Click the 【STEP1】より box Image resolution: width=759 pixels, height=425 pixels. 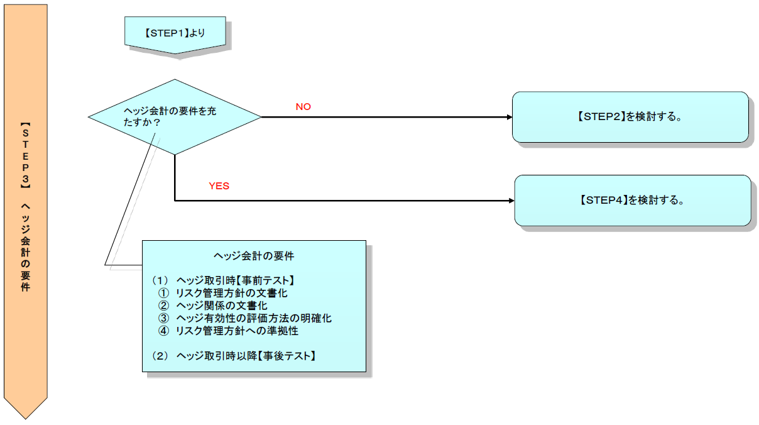tap(175, 34)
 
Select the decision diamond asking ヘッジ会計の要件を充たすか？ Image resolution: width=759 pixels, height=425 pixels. tap(174, 116)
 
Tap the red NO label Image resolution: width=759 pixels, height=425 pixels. tap(303, 107)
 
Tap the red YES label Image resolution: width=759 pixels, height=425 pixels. tap(219, 186)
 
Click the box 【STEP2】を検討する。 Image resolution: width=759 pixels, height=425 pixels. tap(630, 117)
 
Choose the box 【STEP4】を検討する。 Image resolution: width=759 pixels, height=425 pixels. tap(632, 201)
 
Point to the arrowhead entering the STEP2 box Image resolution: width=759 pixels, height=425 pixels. tap(509, 117)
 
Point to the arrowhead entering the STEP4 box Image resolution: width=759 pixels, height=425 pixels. tap(511, 201)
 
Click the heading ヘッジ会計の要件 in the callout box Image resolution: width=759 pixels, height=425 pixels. tap(254, 256)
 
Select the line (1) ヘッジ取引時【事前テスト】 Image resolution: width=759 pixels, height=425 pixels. tap(223, 280)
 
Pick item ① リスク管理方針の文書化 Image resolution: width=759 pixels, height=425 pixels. tap(223, 292)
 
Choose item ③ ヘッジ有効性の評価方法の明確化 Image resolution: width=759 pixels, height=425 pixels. tap(244, 318)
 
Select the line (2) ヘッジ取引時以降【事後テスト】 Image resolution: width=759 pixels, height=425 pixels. tap(234, 356)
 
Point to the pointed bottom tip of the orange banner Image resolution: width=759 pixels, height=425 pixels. tap(25, 417)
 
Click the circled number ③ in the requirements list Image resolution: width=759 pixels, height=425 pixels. tap(164, 318)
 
